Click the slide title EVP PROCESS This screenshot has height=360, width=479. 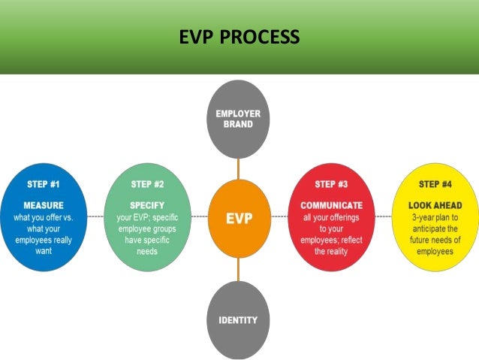click(x=239, y=37)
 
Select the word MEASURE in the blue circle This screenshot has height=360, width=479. click(x=43, y=204)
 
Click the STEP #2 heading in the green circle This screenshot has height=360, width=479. click(x=148, y=183)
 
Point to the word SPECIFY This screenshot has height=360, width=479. click(x=147, y=204)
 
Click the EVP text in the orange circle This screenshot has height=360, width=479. click(x=239, y=219)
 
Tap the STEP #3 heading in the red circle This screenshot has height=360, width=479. click(x=331, y=183)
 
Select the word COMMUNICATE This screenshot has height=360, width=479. click(x=331, y=204)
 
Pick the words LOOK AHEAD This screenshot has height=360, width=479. click(x=435, y=204)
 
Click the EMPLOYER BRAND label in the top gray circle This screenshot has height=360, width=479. click(x=239, y=119)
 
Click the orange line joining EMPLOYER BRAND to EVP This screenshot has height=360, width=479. click(x=239, y=169)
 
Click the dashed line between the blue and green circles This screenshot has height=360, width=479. click(x=95, y=216)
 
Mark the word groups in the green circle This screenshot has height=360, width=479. click(x=167, y=228)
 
